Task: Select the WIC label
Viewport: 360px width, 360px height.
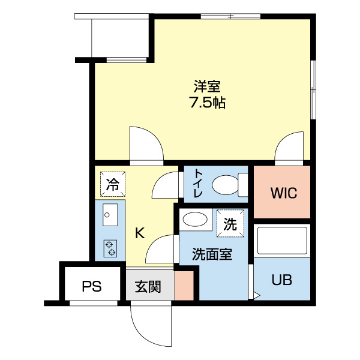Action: pyautogui.click(x=283, y=193)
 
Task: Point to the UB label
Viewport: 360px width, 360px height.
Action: pyautogui.click(x=282, y=280)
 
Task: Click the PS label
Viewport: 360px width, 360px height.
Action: pyautogui.click(x=92, y=286)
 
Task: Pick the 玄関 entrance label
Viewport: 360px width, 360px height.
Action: pyautogui.click(x=147, y=287)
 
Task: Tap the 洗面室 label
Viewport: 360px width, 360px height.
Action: pyautogui.click(x=212, y=254)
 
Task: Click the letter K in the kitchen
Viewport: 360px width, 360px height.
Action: pyautogui.click(x=139, y=233)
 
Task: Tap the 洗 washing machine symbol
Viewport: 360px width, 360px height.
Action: pyautogui.click(x=231, y=224)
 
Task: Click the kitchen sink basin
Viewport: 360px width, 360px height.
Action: pyautogui.click(x=110, y=214)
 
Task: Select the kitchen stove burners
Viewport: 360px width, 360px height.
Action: pyautogui.click(x=110, y=248)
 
